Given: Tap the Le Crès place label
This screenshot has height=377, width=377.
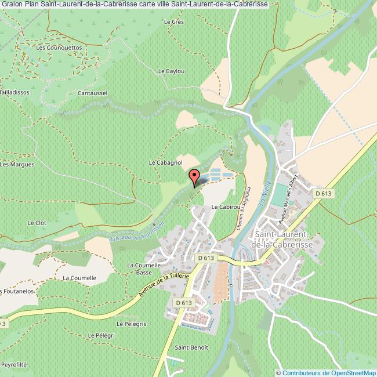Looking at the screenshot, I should click(x=173, y=21).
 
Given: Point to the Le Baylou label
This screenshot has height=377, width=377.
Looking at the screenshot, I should click(x=171, y=71).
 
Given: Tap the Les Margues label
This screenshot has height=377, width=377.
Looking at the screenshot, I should click(x=17, y=164).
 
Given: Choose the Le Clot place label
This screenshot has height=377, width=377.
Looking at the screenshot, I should click(x=37, y=222).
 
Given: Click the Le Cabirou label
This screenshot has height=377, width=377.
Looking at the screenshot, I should click(x=226, y=206).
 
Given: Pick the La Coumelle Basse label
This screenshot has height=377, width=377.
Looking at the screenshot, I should click(x=139, y=269).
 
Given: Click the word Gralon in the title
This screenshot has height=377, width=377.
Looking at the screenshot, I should click(x=12, y=4).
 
